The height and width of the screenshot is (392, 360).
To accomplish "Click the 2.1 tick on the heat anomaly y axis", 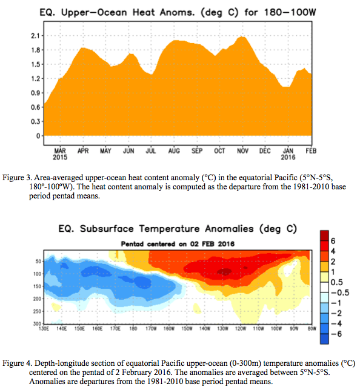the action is point(35,36).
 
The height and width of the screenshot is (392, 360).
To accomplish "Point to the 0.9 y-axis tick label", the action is point(35,93).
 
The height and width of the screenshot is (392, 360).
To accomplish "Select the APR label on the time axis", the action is point(83,151).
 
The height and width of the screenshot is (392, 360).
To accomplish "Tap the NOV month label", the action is point(242,151).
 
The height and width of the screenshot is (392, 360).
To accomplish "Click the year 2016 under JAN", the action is point(288,157).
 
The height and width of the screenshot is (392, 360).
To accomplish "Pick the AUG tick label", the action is point(174,151).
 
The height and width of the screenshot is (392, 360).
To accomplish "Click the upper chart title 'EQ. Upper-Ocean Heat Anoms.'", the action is point(118,12).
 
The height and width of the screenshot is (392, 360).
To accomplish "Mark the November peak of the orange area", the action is point(242,37).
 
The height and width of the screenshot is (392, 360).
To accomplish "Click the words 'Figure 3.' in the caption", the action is point(17,178).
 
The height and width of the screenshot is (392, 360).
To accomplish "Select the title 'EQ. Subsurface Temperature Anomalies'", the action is point(156,229).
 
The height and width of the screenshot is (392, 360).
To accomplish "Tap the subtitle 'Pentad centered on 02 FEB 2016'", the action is point(178,244).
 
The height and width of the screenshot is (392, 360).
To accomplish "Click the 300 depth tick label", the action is point(37,324).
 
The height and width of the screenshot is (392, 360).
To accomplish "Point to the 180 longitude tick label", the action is point(133,328).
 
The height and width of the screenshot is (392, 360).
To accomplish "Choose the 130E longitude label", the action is point(44,328).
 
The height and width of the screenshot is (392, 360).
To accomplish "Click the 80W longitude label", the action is point(312,328).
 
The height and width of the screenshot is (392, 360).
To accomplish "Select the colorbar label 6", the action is point(333,241).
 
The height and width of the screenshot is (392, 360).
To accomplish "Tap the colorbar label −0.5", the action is point(340,292).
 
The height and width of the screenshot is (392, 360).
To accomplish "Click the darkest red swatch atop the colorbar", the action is point(324,235).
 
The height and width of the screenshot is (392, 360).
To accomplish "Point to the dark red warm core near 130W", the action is point(225,271).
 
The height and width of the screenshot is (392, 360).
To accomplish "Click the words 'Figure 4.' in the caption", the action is point(18,363).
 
